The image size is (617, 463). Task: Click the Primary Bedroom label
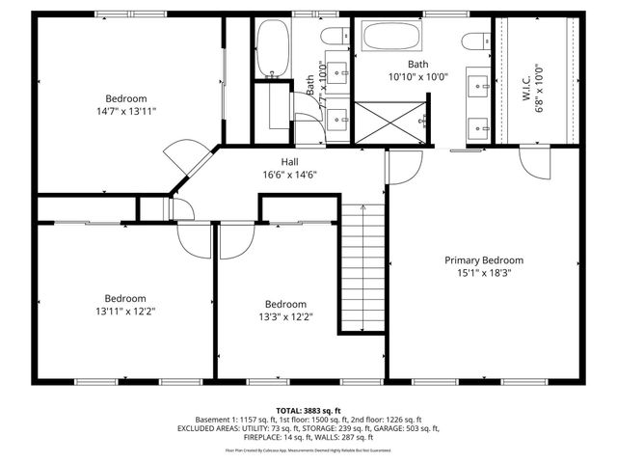483,259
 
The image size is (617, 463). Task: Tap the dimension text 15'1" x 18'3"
483,273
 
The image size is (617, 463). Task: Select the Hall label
289,161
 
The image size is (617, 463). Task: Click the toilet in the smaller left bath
335,40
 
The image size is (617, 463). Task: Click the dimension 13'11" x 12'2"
125,312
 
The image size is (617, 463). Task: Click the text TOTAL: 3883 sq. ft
308,410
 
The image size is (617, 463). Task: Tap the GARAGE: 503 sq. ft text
406,428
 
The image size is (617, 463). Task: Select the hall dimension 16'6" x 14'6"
289,175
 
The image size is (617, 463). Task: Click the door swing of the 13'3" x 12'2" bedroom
234,241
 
